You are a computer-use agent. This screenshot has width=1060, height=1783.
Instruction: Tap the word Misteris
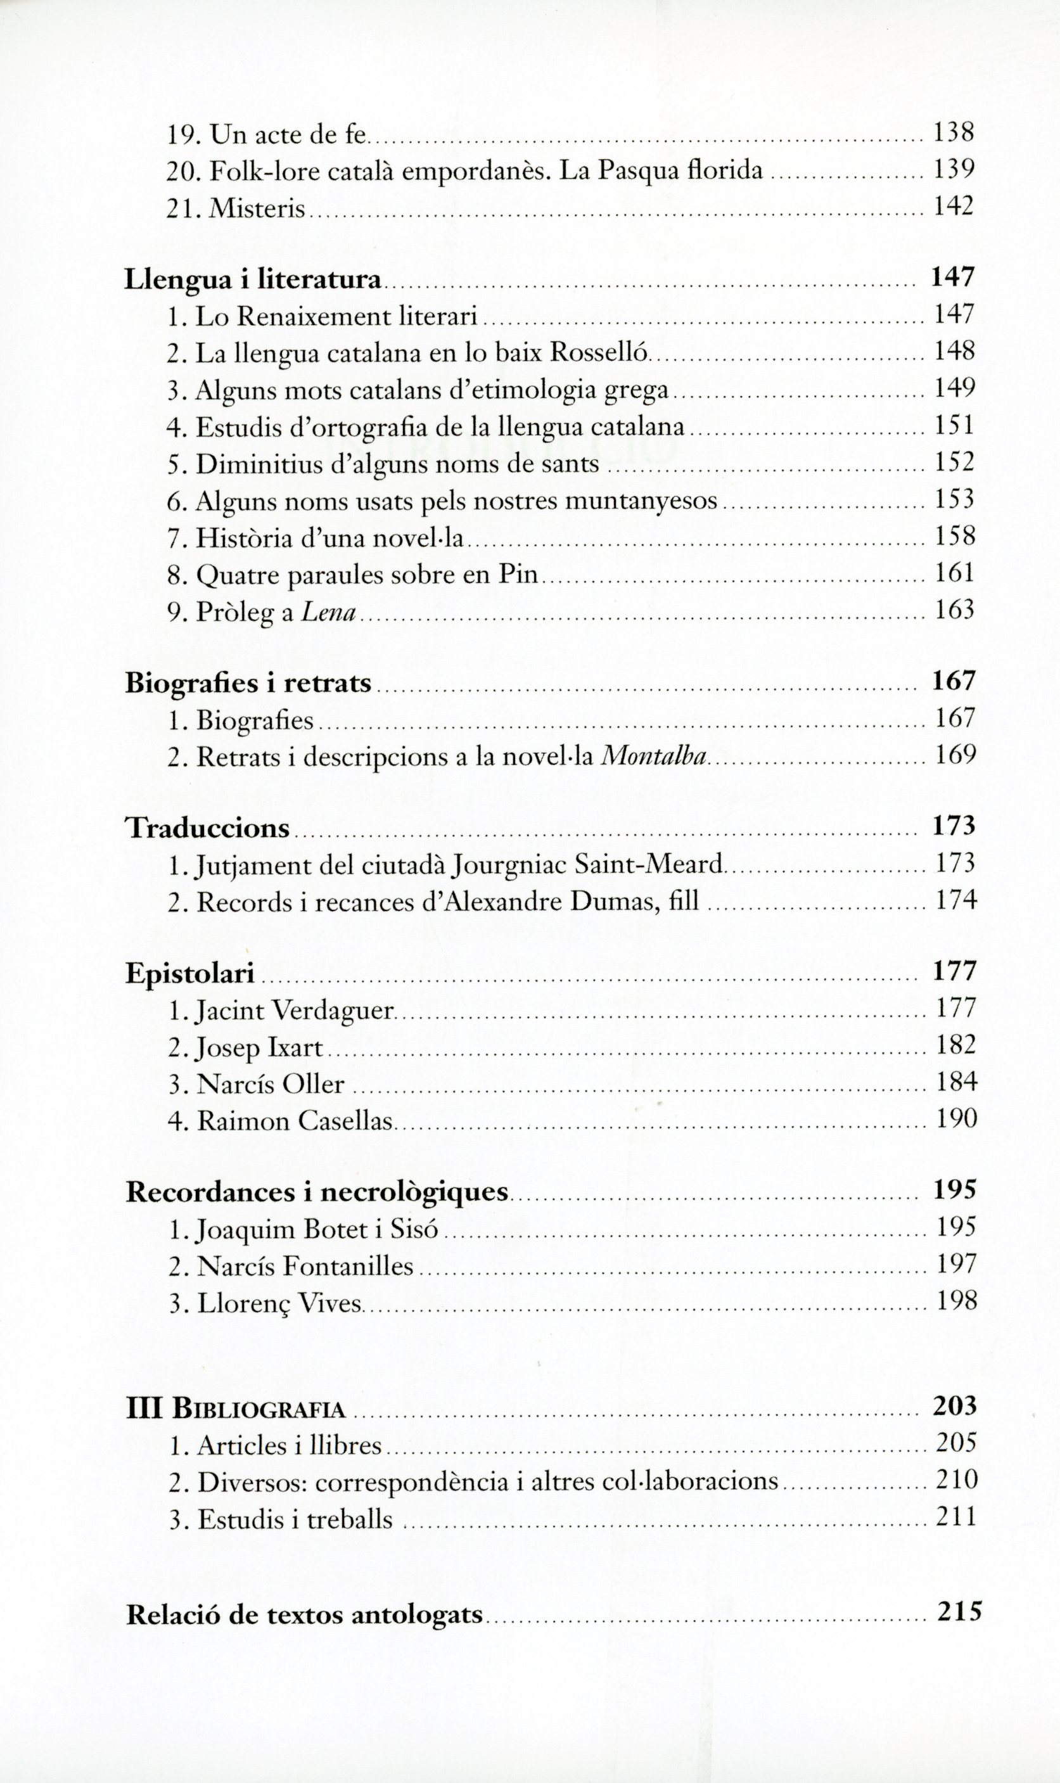tap(259, 208)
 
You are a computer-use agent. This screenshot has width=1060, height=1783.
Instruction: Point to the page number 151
tap(955, 426)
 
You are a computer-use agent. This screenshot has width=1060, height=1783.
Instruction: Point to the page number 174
tap(955, 901)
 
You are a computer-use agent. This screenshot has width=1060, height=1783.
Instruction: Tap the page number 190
tap(955, 1119)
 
